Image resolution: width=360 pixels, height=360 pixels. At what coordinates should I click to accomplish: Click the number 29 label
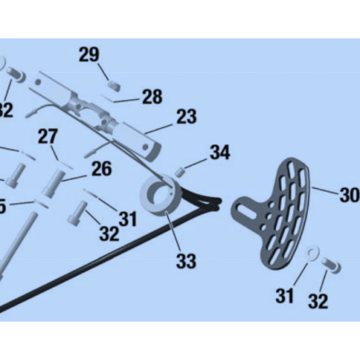pyautogui.click(x=89, y=54)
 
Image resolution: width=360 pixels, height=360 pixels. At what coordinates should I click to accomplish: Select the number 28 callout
pyautogui.click(x=152, y=97)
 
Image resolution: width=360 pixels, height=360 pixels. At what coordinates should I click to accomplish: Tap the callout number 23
pyautogui.click(x=186, y=117)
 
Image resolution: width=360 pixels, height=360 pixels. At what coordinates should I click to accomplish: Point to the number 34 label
pyautogui.click(x=220, y=152)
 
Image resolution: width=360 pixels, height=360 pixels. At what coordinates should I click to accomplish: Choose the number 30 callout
pyautogui.click(x=349, y=194)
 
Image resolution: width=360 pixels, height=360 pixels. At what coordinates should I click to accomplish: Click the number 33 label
pyautogui.click(x=186, y=261)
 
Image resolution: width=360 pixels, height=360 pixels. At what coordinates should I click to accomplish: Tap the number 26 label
pyautogui.click(x=101, y=169)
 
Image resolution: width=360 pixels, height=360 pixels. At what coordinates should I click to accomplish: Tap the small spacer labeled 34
pyautogui.click(x=181, y=170)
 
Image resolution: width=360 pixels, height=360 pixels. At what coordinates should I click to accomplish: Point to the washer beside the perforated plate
pyautogui.click(x=312, y=254)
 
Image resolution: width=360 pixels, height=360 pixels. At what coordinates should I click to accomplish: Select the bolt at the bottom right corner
pyautogui.click(x=332, y=263)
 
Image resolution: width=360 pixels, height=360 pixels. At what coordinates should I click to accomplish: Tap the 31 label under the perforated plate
pyautogui.click(x=285, y=297)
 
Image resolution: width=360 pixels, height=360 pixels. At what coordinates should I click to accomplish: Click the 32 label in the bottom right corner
pyautogui.click(x=318, y=301)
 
